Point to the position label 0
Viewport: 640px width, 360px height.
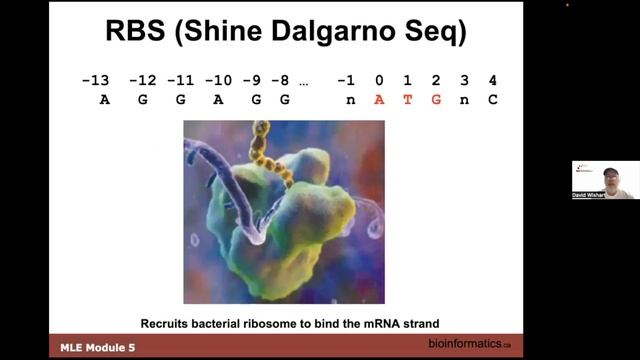pos(379,81)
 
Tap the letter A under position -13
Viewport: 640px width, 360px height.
pos(106,100)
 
